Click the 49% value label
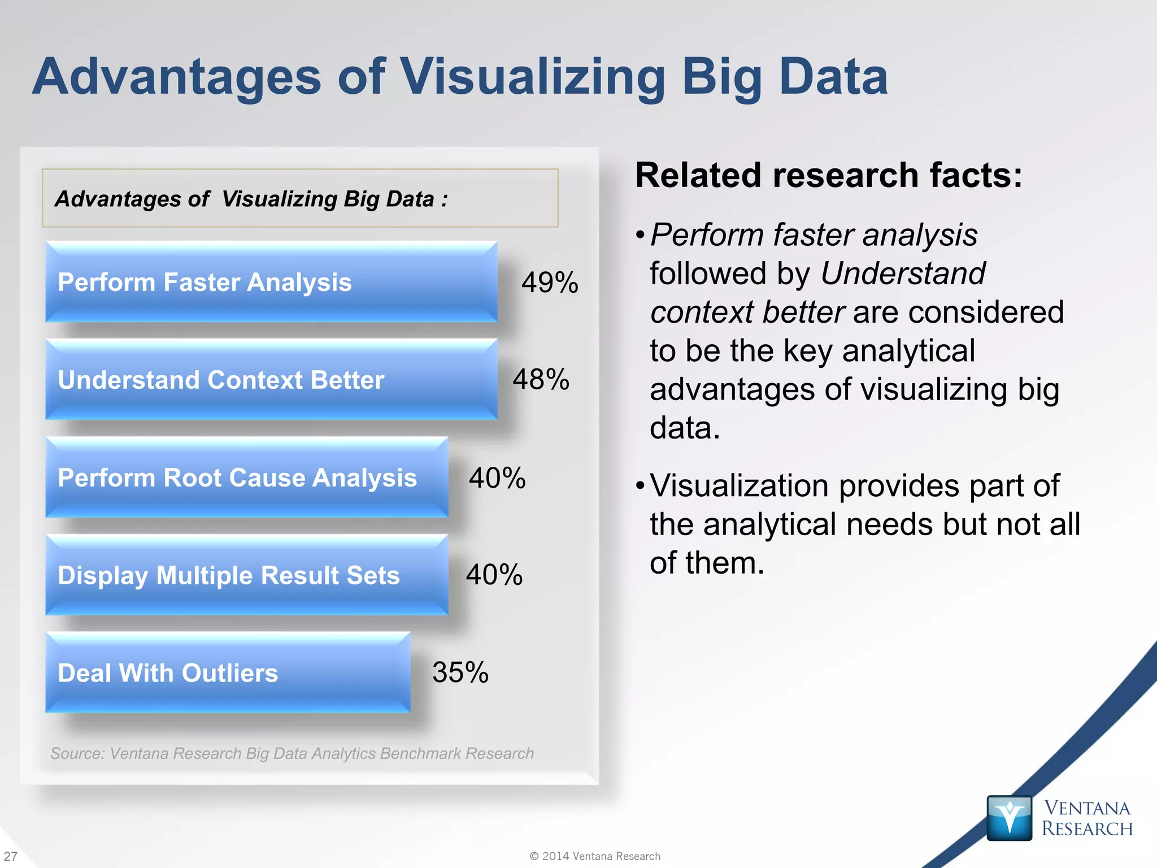550,283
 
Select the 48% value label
541,379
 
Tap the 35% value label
460,672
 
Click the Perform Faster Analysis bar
271,282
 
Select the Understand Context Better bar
271,380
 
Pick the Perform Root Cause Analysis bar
247,478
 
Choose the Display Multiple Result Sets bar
247,575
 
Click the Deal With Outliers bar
228,673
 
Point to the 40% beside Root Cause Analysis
497,478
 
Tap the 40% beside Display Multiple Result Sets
494,575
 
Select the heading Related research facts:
828,175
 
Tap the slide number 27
11,856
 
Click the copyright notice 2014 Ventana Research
595,856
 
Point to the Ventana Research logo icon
1009,818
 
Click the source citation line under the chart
292,753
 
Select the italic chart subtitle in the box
251,199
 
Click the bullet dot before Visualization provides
640,485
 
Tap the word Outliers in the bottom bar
229,673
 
